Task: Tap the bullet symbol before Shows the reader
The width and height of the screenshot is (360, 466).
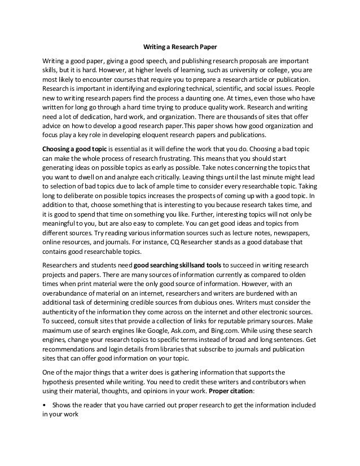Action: (45, 405)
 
